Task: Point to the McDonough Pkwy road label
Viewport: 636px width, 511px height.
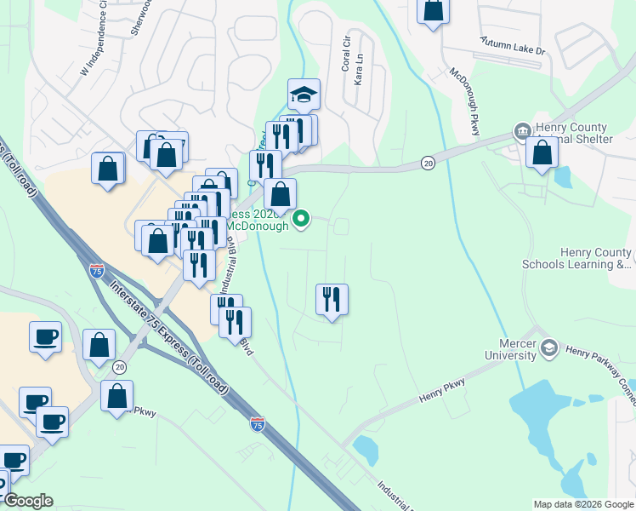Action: point(465,101)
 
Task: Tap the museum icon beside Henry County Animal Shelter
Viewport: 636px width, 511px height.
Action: point(522,131)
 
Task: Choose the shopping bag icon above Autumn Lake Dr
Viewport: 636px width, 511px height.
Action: point(434,10)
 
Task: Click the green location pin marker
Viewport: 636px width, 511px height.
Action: point(301,221)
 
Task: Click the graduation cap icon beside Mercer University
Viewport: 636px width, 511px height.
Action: point(549,347)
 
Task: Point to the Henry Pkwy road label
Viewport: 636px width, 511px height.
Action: point(441,391)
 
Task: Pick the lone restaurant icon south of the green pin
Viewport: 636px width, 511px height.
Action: point(332,300)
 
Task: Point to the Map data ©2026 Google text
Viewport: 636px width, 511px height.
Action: point(582,504)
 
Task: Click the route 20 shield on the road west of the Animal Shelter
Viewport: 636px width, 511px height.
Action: point(428,162)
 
